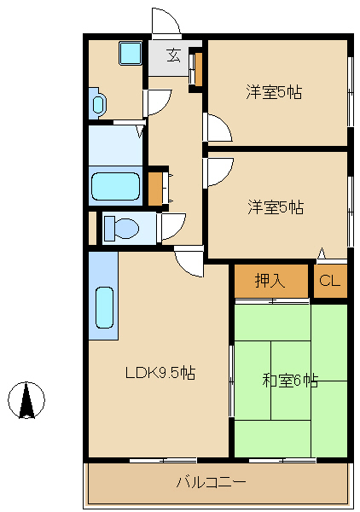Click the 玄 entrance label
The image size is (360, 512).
pos(173,56)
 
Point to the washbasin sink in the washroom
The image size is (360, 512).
pos(97,104)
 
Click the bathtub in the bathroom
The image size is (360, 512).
pos(115,185)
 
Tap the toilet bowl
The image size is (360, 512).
pos(121,229)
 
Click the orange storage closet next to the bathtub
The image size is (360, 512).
pos(156,189)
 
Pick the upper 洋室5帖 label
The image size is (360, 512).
pos(275,92)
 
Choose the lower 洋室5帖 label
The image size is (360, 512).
pos(275,207)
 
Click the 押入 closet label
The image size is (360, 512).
pos(270,282)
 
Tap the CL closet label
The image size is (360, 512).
pos(329,282)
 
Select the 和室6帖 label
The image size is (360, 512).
pos(290,381)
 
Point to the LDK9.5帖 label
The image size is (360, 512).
pos(160,373)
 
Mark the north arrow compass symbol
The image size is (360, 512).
pos(26,399)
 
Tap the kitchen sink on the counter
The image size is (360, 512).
pos(103,307)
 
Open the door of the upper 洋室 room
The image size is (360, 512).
pos(217,128)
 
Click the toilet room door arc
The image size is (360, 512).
pos(171,226)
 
